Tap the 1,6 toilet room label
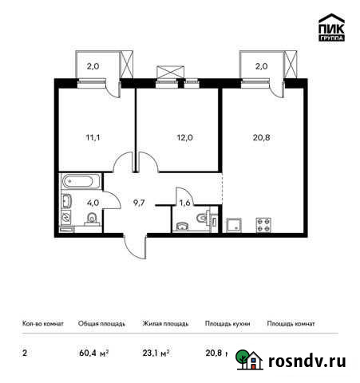pos(184,203)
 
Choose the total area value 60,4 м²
pos(93,353)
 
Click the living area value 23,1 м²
pos(156,353)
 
